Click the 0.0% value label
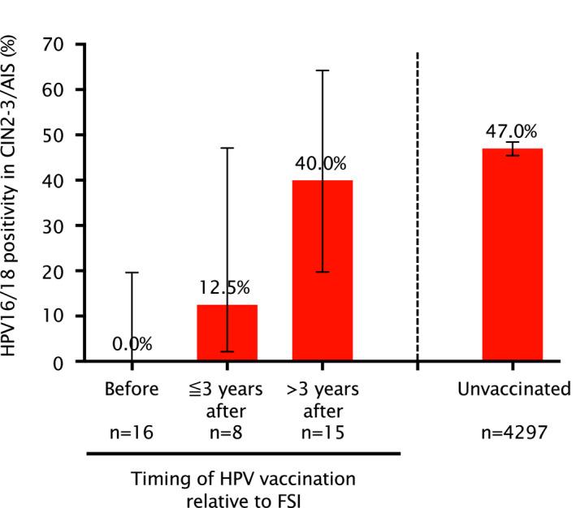click(132, 343)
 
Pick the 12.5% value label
click(227, 288)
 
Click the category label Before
click(132, 390)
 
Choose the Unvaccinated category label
click(513, 390)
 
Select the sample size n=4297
click(513, 434)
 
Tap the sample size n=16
click(132, 434)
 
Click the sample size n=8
click(227, 434)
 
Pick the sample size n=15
click(323, 434)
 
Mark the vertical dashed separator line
click(418, 203)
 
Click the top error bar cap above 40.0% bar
click(323, 71)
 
